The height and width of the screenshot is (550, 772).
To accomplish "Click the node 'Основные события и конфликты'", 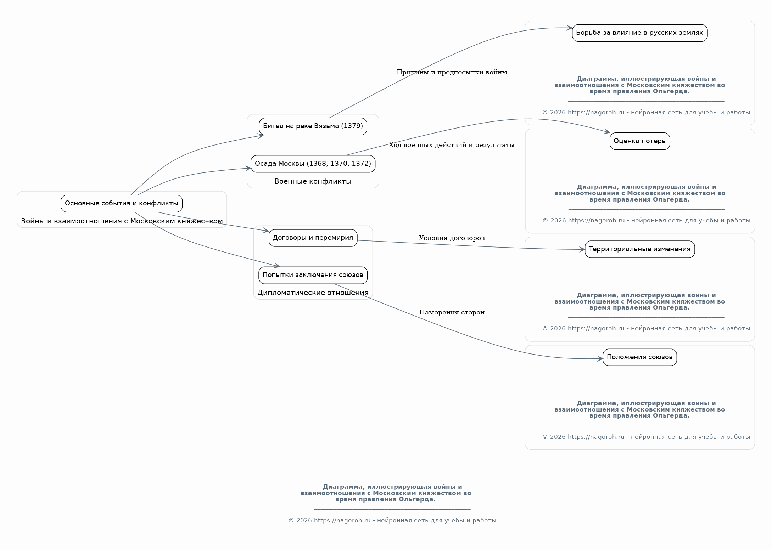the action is pyautogui.click(x=122, y=204).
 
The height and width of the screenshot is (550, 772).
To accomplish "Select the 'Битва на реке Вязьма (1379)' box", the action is pyautogui.click(x=313, y=126).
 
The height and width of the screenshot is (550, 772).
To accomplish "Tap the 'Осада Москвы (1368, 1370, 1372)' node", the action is pyautogui.click(x=313, y=164).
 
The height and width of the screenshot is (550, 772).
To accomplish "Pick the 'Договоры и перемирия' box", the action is pyautogui.click(x=313, y=238).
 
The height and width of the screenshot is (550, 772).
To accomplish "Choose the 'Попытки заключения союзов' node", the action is pyautogui.click(x=313, y=275).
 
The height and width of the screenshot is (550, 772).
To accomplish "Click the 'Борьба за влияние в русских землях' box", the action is pyautogui.click(x=640, y=33).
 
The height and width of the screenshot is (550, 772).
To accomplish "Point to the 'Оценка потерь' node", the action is pyautogui.click(x=640, y=141).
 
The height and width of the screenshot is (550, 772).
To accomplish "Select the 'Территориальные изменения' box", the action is pyautogui.click(x=640, y=249).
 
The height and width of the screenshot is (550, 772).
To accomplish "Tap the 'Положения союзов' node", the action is pyautogui.click(x=640, y=357).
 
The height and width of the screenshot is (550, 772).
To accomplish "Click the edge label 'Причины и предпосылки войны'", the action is pyautogui.click(x=452, y=72).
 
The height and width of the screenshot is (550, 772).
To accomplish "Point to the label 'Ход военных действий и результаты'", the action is pyautogui.click(x=452, y=145).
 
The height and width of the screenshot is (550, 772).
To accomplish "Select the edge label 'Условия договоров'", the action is pyautogui.click(x=452, y=238).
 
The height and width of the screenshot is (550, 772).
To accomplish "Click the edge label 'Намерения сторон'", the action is pyautogui.click(x=452, y=312).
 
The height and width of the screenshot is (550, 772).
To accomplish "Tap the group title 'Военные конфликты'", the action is pyautogui.click(x=313, y=182).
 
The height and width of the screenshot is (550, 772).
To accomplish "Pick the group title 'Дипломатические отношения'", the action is pyautogui.click(x=313, y=293).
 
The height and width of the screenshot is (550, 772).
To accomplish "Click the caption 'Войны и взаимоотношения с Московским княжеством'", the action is pyautogui.click(x=122, y=221).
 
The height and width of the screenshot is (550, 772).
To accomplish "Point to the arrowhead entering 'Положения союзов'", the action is pyautogui.click(x=600, y=359).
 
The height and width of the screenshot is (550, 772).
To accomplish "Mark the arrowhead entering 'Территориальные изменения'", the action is pyautogui.click(x=582, y=250).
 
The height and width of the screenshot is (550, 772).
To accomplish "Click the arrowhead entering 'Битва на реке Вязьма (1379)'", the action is pyautogui.click(x=261, y=136).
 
